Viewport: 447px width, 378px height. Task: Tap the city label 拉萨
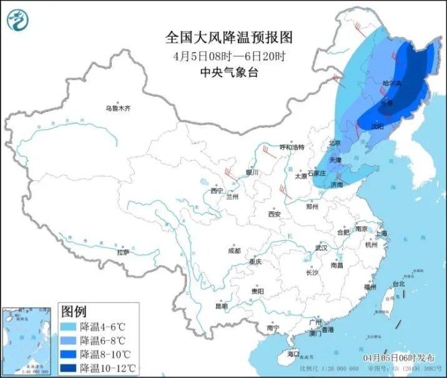(x=123, y=252)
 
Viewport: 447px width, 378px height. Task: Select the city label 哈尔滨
(x=392, y=83)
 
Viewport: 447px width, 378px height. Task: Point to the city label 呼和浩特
(x=292, y=147)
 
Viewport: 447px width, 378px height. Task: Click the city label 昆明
(x=222, y=306)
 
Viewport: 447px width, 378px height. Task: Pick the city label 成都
(x=234, y=251)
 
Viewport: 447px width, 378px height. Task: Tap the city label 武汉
(x=322, y=248)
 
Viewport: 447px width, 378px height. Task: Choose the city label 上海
(x=381, y=233)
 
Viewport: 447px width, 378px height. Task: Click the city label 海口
(x=293, y=354)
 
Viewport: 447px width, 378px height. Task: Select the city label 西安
(x=275, y=214)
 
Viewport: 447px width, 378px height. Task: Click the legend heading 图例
(x=74, y=311)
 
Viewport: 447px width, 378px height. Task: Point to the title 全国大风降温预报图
(x=228, y=37)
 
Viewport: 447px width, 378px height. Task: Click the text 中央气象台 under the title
(x=228, y=72)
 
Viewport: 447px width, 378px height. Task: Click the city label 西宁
(x=217, y=191)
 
